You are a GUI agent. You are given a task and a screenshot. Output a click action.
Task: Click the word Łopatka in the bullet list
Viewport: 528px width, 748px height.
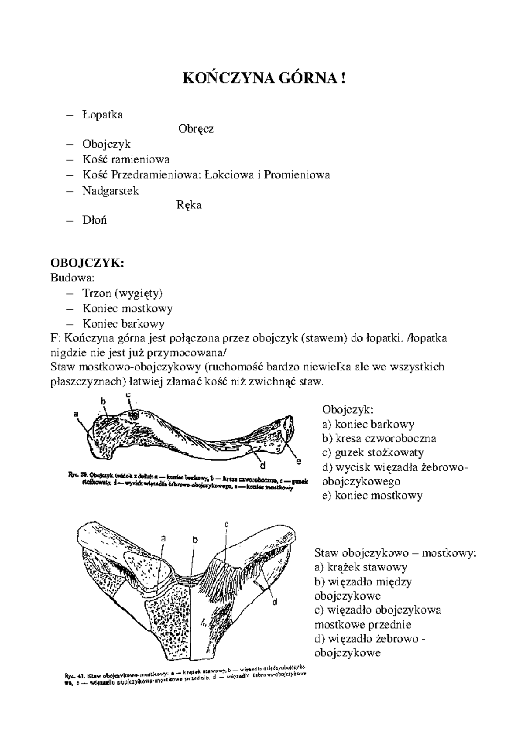click(103, 115)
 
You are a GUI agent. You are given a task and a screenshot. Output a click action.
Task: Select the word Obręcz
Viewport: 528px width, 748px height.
click(196, 129)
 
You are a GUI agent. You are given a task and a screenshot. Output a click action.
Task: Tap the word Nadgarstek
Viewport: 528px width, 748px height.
click(110, 191)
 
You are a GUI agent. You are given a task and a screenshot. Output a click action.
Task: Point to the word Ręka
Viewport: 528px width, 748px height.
click(189, 205)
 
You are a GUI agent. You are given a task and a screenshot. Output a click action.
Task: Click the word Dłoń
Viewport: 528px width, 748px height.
click(95, 220)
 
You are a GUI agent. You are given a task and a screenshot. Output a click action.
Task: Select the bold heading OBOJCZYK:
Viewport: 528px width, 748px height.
click(88, 263)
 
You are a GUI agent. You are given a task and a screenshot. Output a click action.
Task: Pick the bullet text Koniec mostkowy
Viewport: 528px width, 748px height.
click(128, 308)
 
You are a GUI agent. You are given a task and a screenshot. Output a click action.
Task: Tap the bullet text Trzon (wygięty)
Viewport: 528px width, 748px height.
click(123, 293)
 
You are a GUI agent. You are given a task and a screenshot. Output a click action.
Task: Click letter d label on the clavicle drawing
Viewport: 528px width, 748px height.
click(262, 465)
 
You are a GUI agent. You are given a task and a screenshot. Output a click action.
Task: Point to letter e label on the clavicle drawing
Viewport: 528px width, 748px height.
click(298, 461)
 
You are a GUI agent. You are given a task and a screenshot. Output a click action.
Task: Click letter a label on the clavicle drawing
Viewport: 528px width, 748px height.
click(76, 414)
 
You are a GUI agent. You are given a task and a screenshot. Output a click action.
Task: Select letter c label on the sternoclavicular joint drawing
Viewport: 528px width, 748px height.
click(226, 524)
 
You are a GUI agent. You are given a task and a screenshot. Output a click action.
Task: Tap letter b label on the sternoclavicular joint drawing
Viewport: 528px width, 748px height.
click(195, 540)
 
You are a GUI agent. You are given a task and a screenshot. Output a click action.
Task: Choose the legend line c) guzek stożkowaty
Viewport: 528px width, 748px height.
click(373, 453)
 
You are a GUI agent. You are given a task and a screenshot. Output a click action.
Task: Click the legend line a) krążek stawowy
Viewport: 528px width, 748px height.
click(361, 567)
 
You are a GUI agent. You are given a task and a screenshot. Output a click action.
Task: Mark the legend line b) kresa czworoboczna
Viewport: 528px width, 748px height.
click(379, 439)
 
